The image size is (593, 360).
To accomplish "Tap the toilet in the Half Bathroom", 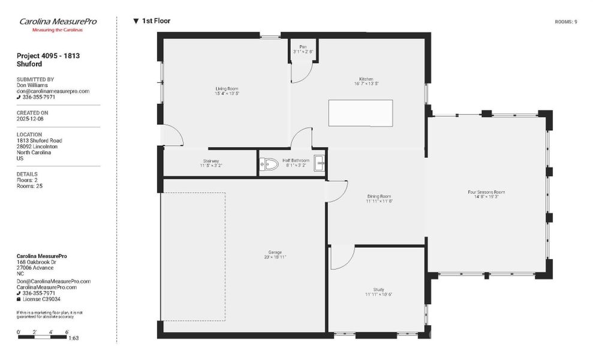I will tap(268, 163).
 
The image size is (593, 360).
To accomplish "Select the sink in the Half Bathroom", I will tap(320, 162).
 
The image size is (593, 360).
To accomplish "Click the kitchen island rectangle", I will tap(360, 112).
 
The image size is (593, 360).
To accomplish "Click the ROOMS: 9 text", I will tap(566, 22).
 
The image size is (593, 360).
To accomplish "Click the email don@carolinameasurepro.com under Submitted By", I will tap(53, 91).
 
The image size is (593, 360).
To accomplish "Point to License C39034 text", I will tap(41, 299).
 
